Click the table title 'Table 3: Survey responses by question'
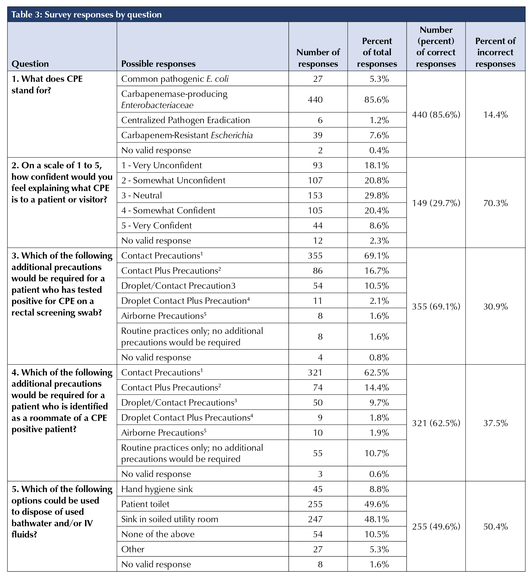[86, 15]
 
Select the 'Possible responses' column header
[158, 64]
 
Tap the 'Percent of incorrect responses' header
[495, 52]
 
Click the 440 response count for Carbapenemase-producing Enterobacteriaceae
[315, 100]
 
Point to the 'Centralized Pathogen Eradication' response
[185, 120]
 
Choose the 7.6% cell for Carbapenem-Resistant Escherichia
[379, 135]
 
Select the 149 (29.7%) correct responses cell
[436, 203]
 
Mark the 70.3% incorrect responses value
[495, 203]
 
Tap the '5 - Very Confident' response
[157, 226]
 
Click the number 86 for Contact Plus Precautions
[318, 271]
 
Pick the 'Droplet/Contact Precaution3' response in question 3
[178, 285]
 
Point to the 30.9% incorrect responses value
[495, 307]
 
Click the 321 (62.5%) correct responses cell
[436, 423]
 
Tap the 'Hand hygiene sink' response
[157, 489]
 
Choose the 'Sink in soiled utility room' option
[170, 519]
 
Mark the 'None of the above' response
[158, 534]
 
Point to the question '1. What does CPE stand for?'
[47, 85]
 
